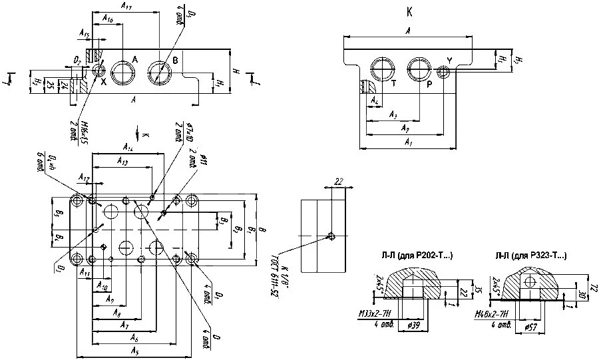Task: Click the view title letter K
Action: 407,11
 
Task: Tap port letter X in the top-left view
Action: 103,81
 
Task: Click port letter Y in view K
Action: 449,61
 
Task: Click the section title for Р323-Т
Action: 531,255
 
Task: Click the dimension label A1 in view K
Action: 408,143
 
